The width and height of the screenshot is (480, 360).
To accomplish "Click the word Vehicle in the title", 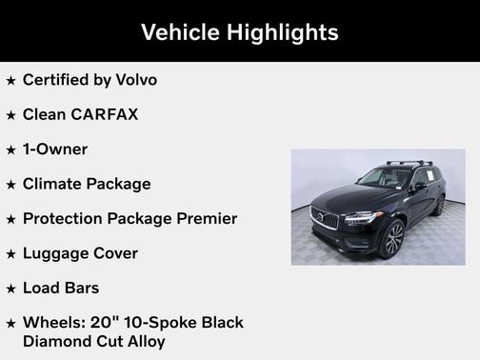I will (x=179, y=32).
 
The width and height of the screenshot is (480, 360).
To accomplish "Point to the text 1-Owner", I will (x=55, y=150).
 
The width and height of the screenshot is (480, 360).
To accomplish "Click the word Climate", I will (x=54, y=184).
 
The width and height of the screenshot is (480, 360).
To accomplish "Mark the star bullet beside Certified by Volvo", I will (x=11, y=81).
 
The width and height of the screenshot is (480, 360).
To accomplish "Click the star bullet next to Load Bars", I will (x=11, y=289).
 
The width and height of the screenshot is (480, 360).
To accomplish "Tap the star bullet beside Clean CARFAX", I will (x=11, y=115).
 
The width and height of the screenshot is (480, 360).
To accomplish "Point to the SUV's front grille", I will (x=325, y=219).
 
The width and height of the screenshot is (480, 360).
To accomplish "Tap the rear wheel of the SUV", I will (x=439, y=204).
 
